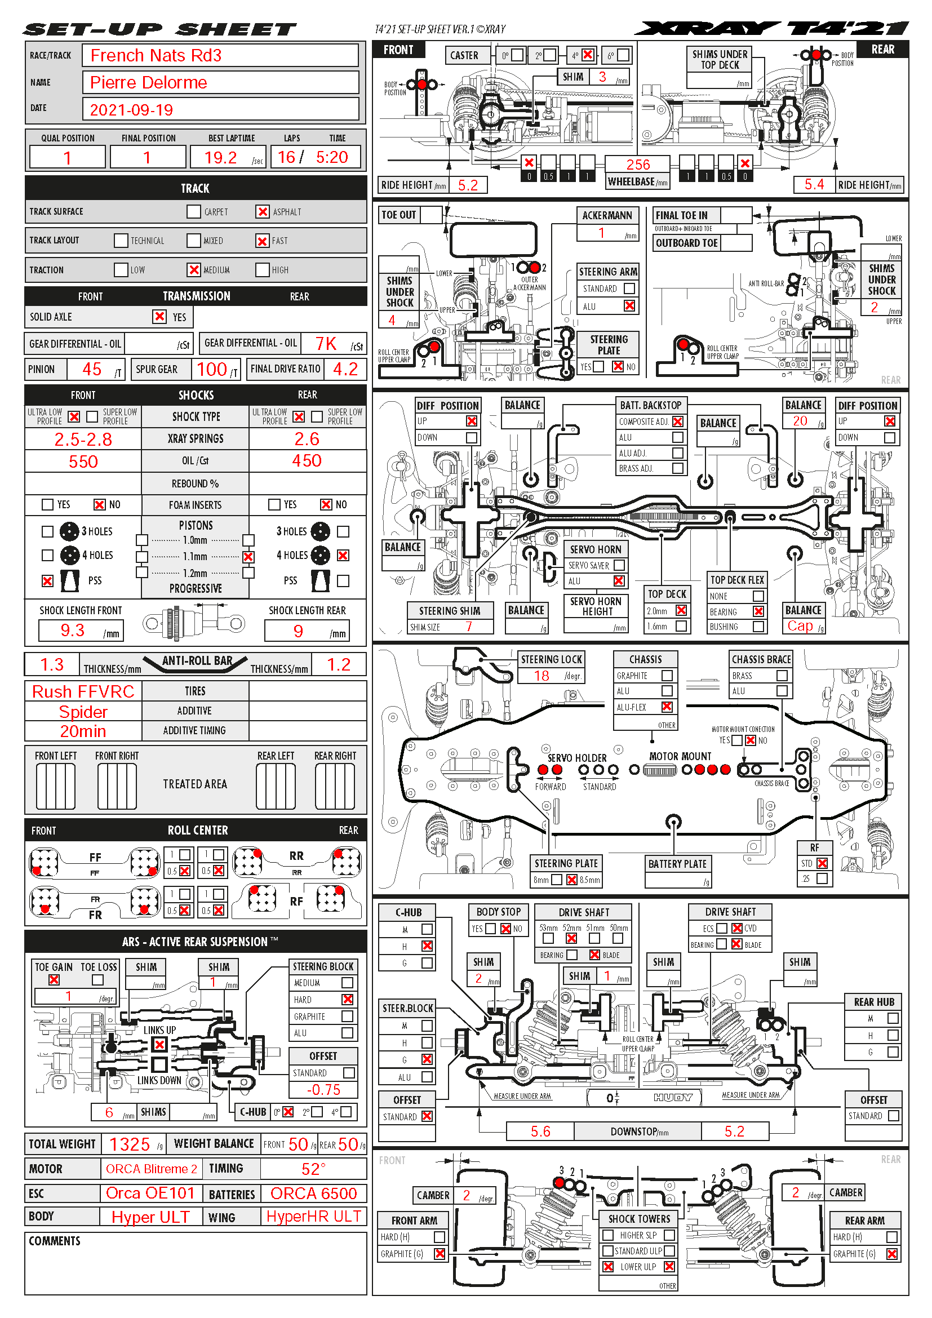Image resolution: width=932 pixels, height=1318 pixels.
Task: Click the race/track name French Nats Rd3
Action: (156, 56)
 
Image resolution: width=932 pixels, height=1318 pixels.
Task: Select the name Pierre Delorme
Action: (149, 83)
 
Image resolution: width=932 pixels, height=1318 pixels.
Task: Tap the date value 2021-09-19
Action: (131, 110)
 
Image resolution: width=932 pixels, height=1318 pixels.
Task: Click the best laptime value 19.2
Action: (220, 157)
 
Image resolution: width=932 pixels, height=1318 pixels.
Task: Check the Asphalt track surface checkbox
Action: (262, 212)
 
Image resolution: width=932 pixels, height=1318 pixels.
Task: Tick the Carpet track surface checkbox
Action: (193, 212)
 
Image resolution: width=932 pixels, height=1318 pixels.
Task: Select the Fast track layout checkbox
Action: (262, 241)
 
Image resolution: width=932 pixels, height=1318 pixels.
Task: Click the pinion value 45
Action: (92, 369)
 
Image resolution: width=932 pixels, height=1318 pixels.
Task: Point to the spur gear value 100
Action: (212, 369)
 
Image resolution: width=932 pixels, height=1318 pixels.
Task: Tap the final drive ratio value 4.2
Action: (345, 369)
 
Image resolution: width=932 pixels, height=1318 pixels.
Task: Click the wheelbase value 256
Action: (638, 165)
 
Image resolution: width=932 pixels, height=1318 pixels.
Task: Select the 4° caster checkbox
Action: (588, 55)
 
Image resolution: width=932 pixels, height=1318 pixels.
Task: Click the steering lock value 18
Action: (541, 676)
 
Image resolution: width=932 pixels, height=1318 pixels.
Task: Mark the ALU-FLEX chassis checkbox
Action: (667, 707)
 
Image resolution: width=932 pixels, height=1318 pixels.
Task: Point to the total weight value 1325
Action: (130, 1144)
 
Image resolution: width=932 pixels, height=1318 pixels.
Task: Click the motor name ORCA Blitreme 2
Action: (152, 1169)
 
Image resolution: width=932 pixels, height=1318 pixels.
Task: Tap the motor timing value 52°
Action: (313, 1169)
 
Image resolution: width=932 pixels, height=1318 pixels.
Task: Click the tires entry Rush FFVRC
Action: (83, 691)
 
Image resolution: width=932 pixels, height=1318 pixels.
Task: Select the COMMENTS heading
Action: (55, 1240)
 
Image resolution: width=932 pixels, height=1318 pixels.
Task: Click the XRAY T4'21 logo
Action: (771, 28)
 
